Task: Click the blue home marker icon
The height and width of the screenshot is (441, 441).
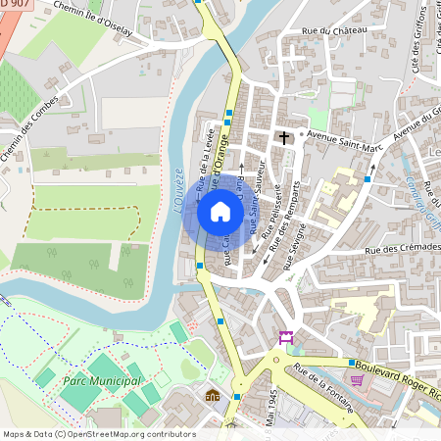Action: pyautogui.click(x=220, y=212)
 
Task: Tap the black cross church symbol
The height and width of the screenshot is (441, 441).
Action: pyautogui.click(x=284, y=138)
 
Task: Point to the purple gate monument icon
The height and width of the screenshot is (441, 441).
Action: pyautogui.click(x=286, y=337)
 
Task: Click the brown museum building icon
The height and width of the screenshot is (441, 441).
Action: pyautogui.click(x=213, y=395)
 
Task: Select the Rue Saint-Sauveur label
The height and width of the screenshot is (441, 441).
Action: pyautogui.click(x=257, y=206)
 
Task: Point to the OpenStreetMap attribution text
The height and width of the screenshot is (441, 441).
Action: pyautogui.click(x=99, y=433)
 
